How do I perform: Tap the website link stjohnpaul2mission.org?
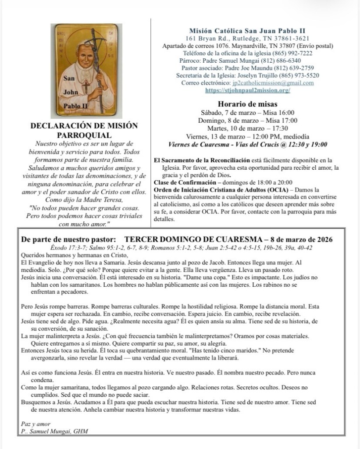(247, 90)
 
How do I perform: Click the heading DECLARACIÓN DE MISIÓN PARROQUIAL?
(84, 130)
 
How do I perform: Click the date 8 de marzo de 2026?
(299, 240)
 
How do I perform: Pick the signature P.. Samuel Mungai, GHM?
(55, 431)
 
